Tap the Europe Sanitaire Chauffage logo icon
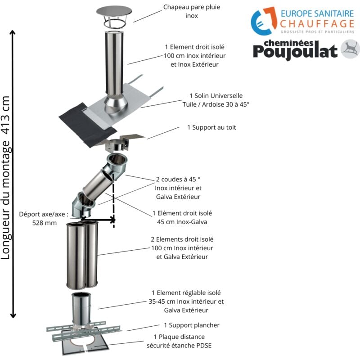pyautogui.click(x=263, y=21)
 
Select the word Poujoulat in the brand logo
pyautogui.click(x=295, y=51)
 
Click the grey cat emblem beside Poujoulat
pyautogui.click(x=350, y=49)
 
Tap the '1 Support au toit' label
pyautogui.click(x=211, y=127)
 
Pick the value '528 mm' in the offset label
pyautogui.click(x=44, y=222)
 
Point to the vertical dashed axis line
pyautogui.click(x=113, y=202)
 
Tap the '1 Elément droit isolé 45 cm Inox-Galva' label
pyautogui.click(x=182, y=217)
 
